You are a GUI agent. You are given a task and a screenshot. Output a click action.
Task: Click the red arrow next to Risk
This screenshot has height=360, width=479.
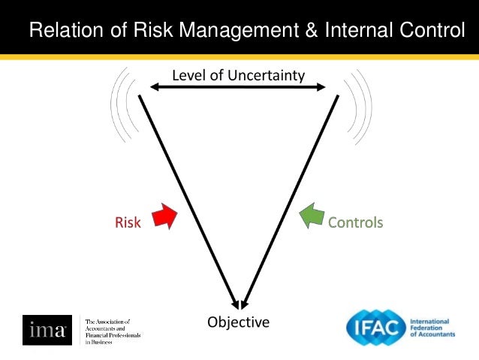(164, 216)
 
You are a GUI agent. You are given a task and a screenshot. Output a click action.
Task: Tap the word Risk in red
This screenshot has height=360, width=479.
(128, 222)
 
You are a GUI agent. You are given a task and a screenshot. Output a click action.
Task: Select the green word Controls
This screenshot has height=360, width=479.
(355, 222)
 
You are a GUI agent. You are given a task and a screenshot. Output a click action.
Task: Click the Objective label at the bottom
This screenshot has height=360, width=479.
(238, 322)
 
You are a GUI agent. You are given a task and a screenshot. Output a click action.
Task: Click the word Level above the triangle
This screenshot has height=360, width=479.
(188, 75)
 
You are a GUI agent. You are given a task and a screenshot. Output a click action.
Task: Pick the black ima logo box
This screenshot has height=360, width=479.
(47, 331)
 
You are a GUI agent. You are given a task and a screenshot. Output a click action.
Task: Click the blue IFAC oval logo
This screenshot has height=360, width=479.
(375, 328)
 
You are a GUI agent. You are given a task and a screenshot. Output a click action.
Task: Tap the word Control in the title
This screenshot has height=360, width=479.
(436, 31)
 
